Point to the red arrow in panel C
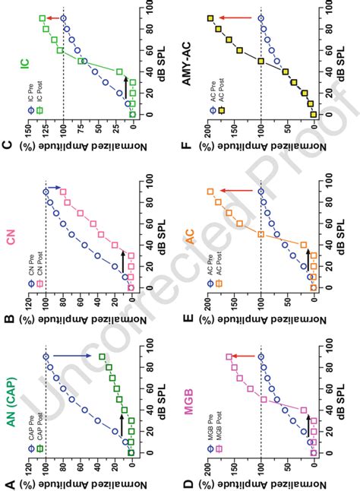click(x=53, y=17)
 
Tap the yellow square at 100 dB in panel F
click(x=210, y=17)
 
